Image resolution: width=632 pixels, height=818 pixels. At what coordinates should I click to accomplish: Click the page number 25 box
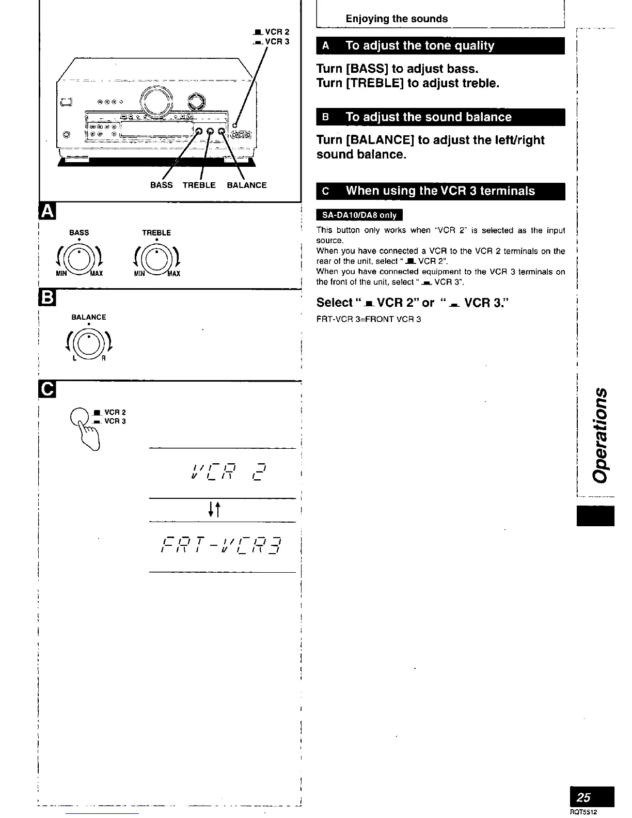(x=595, y=796)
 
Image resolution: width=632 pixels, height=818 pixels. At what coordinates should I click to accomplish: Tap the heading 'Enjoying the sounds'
(x=397, y=19)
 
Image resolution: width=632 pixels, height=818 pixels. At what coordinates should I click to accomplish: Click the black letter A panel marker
(x=46, y=211)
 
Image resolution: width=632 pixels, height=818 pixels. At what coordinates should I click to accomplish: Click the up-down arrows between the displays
(x=215, y=510)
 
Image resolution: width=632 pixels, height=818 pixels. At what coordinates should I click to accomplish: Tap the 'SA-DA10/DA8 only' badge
(x=359, y=215)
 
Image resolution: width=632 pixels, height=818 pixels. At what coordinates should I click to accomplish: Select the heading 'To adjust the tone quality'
(x=419, y=45)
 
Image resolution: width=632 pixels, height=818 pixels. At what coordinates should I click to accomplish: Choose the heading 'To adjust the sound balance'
(x=428, y=117)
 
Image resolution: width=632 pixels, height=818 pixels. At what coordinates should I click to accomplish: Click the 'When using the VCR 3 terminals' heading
(x=440, y=191)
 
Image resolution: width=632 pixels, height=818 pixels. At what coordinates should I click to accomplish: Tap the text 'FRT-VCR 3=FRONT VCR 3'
(x=368, y=319)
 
